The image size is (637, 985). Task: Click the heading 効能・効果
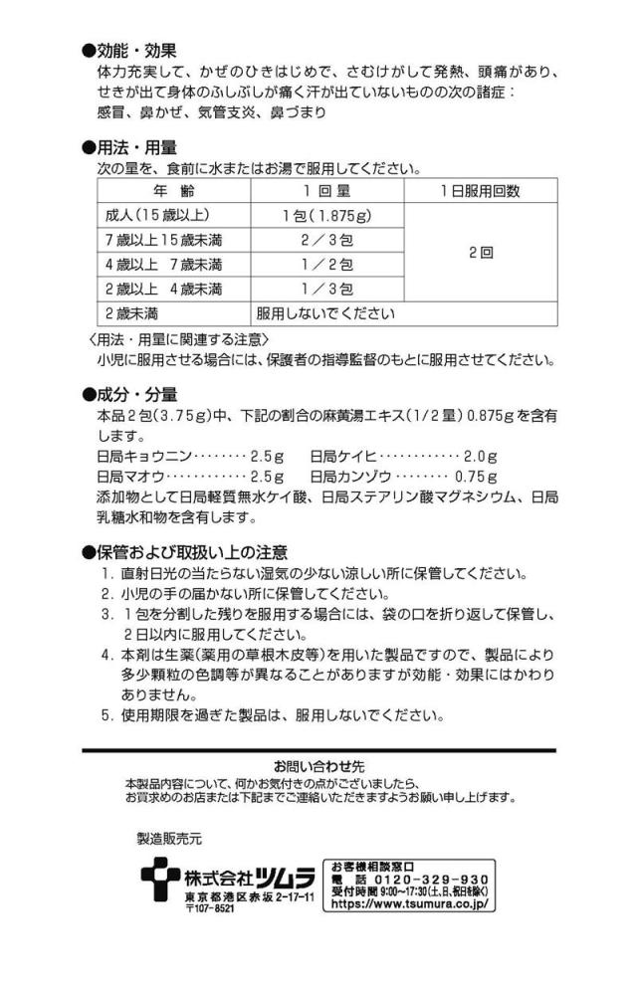pos(136,51)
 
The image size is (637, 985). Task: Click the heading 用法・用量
pos(136,147)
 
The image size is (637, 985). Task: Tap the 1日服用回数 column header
pos(481,191)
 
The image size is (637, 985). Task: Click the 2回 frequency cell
pos(481,253)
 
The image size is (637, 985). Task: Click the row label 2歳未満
pos(133,313)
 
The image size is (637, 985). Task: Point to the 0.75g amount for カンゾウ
pos(476,477)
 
